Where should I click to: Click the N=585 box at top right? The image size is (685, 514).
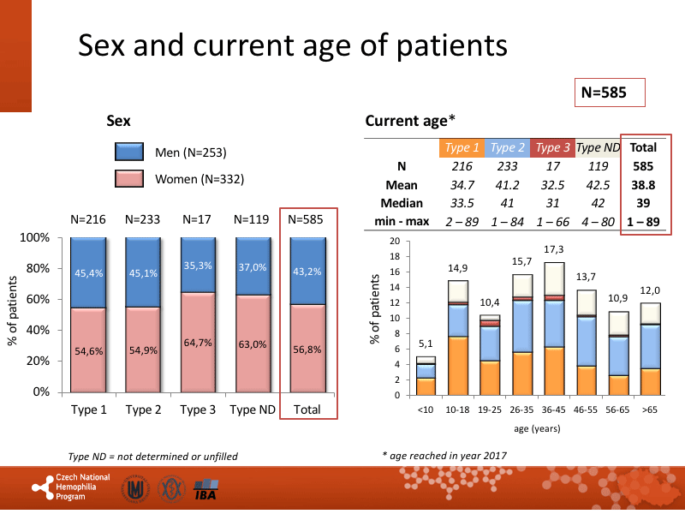[609, 92]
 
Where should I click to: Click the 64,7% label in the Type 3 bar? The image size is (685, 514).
[198, 343]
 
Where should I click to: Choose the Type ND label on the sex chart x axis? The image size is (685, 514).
[253, 409]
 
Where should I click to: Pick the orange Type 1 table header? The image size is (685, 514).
[462, 147]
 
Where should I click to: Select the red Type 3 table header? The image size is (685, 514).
[552, 147]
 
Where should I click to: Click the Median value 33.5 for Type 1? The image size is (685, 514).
[462, 203]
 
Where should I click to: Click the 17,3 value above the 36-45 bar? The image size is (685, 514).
[554, 248]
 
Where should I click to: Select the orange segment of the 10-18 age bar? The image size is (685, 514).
[458, 366]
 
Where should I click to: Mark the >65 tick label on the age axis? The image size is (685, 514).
[651, 410]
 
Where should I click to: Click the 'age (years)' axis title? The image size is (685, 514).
[538, 427]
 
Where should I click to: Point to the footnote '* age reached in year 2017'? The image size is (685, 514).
[444, 456]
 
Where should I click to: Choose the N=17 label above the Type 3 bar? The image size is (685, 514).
[198, 219]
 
